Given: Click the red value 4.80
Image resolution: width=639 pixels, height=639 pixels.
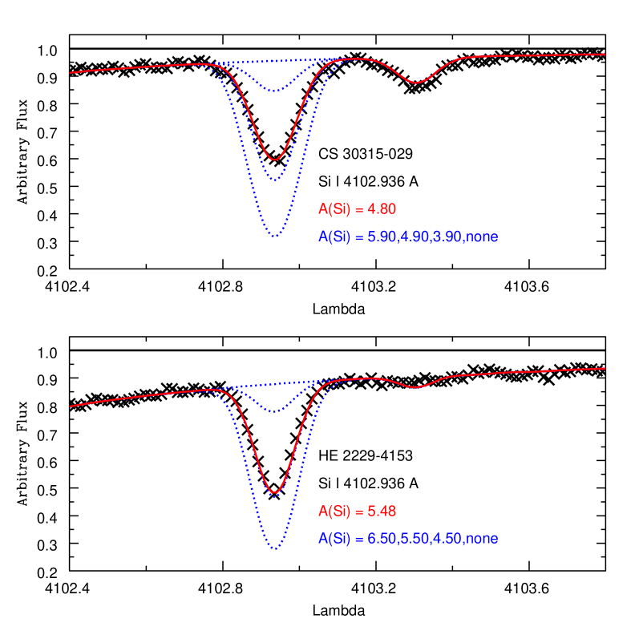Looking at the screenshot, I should (x=382, y=209).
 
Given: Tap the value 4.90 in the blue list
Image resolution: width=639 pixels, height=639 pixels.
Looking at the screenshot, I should (x=414, y=237).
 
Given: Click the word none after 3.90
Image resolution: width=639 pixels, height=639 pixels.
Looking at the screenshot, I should (x=482, y=237).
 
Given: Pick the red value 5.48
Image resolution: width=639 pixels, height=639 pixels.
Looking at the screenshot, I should (x=382, y=512).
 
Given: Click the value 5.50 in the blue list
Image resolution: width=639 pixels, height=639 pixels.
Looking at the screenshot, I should (x=414, y=539).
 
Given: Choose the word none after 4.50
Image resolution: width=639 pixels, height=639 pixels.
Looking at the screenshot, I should (x=482, y=539).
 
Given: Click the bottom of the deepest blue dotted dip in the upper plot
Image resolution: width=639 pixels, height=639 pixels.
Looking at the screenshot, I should (x=275, y=236).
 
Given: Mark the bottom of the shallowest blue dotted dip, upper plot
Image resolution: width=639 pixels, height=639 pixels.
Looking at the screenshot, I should (x=275, y=91).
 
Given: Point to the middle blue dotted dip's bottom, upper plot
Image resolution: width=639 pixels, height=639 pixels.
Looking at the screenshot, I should (x=275, y=180).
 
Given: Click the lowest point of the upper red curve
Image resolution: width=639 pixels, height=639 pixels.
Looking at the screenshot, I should (x=275, y=159).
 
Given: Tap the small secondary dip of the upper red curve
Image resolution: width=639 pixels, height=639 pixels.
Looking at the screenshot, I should (x=415, y=83).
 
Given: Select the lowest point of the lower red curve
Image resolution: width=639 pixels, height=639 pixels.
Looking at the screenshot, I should (x=275, y=492).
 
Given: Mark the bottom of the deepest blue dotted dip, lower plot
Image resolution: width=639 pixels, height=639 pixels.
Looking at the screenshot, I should (x=275, y=548).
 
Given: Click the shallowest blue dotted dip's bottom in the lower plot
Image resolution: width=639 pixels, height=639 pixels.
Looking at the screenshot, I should (x=275, y=412).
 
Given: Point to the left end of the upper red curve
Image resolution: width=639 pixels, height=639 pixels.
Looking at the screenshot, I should (x=71, y=73).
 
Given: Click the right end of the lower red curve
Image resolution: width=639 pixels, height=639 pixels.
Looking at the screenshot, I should (x=605, y=369).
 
